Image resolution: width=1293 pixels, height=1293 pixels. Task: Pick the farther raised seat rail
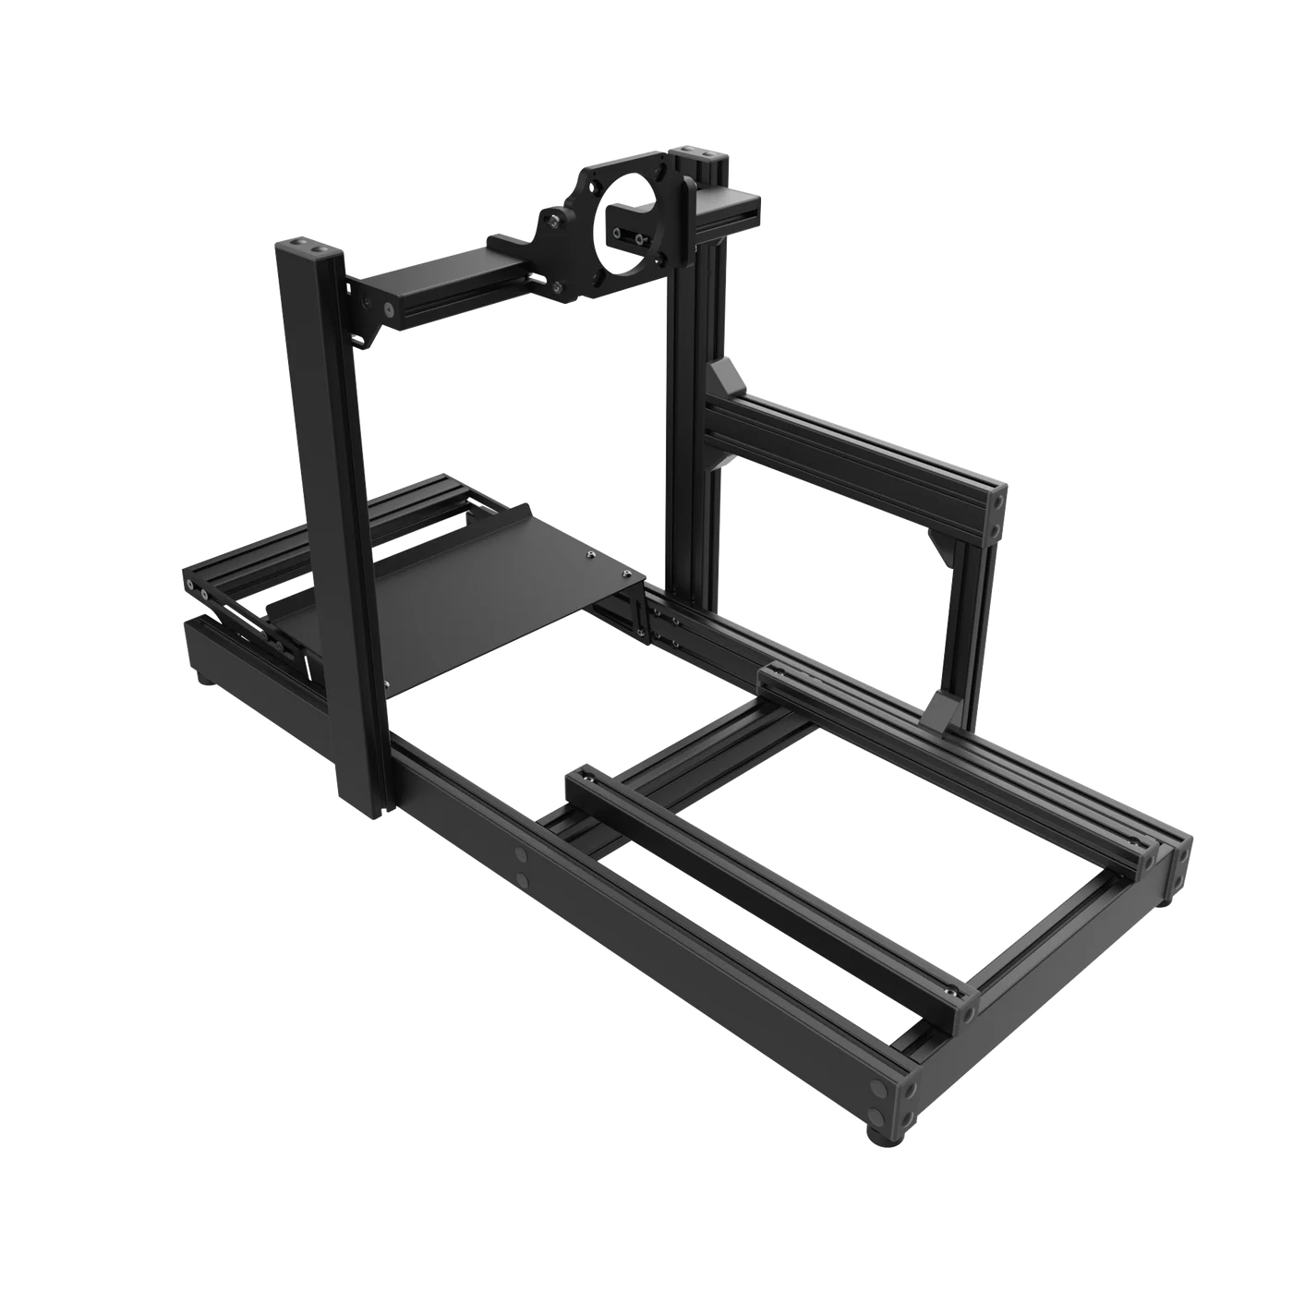[951, 757]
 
